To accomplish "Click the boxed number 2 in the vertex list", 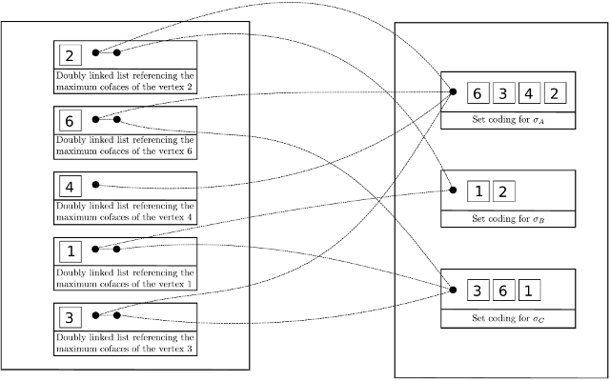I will pyautogui.click(x=71, y=54).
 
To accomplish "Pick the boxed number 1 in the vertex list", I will pyautogui.click(x=71, y=251).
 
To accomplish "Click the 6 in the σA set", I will pyautogui.click(x=478, y=93).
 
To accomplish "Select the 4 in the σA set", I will pyautogui.click(x=531, y=93).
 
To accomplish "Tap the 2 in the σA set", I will pyautogui.click(x=558, y=93).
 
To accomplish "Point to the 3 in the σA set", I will pyautogui.click(x=504, y=93).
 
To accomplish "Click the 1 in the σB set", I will pyautogui.click(x=478, y=191).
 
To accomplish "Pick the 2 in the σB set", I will pyautogui.click(x=505, y=191).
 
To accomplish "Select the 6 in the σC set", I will pyautogui.click(x=504, y=290).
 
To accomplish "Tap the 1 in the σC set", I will pyautogui.click(x=531, y=290).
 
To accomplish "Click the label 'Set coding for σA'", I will pyautogui.click(x=508, y=121).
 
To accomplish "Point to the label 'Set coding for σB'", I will pyautogui.click(x=508, y=219).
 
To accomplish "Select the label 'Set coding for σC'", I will pyautogui.click(x=508, y=318).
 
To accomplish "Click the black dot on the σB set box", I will pyautogui.click(x=454, y=190).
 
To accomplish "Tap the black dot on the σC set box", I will pyautogui.click(x=454, y=289).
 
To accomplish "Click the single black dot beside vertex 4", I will pyautogui.click(x=95, y=186).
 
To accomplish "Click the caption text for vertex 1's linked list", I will pyautogui.click(x=125, y=277).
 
